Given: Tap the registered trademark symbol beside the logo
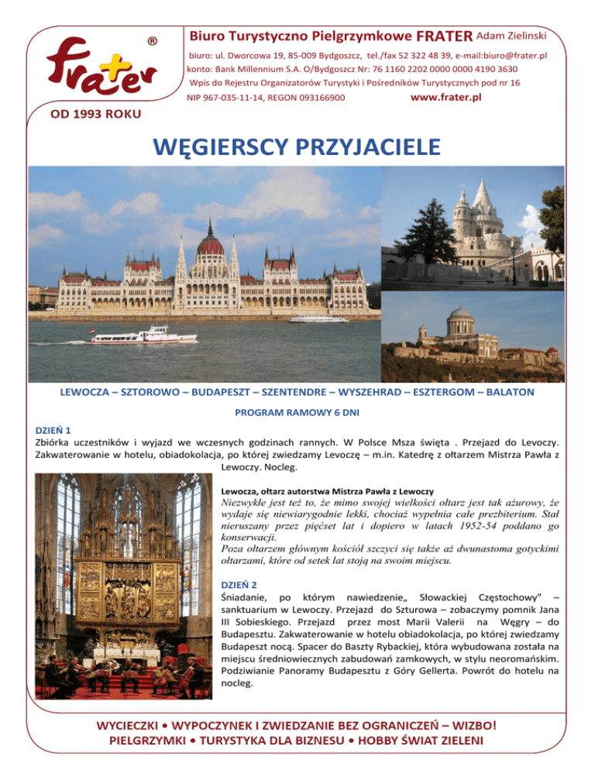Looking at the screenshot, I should coord(153,40).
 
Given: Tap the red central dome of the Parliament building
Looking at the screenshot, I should coord(210,246).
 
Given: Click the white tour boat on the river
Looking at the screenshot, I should coord(145,335).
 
